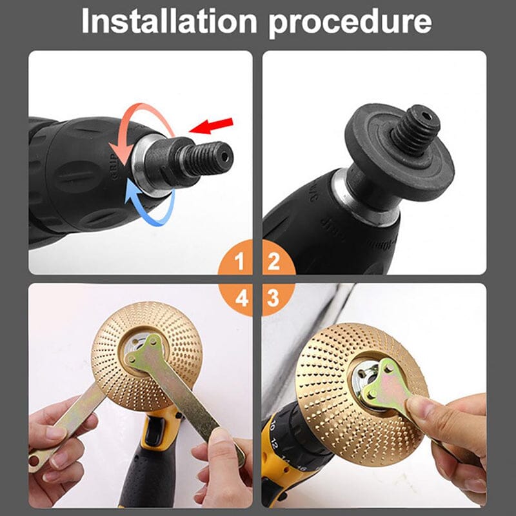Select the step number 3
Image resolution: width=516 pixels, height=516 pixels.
coord(273,298)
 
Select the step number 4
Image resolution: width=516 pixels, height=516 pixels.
coord(240,298)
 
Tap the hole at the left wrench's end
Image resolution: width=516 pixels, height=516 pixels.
coord(35,460)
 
